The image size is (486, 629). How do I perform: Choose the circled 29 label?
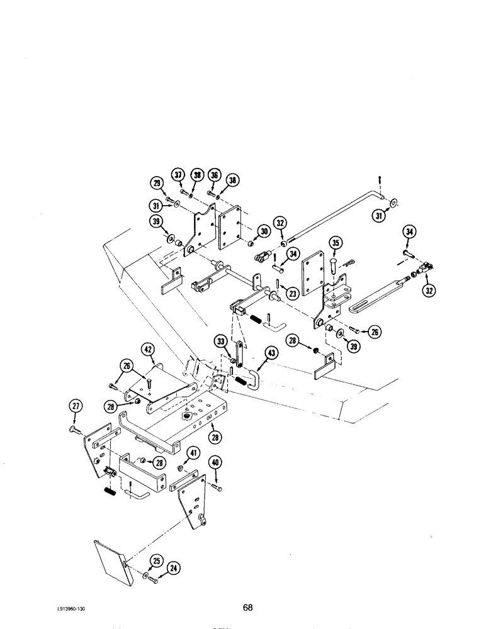(157, 183)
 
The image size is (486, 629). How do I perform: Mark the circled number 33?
(221, 342)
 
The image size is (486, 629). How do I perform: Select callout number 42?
(147, 350)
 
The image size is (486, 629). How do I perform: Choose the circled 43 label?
(271, 353)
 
